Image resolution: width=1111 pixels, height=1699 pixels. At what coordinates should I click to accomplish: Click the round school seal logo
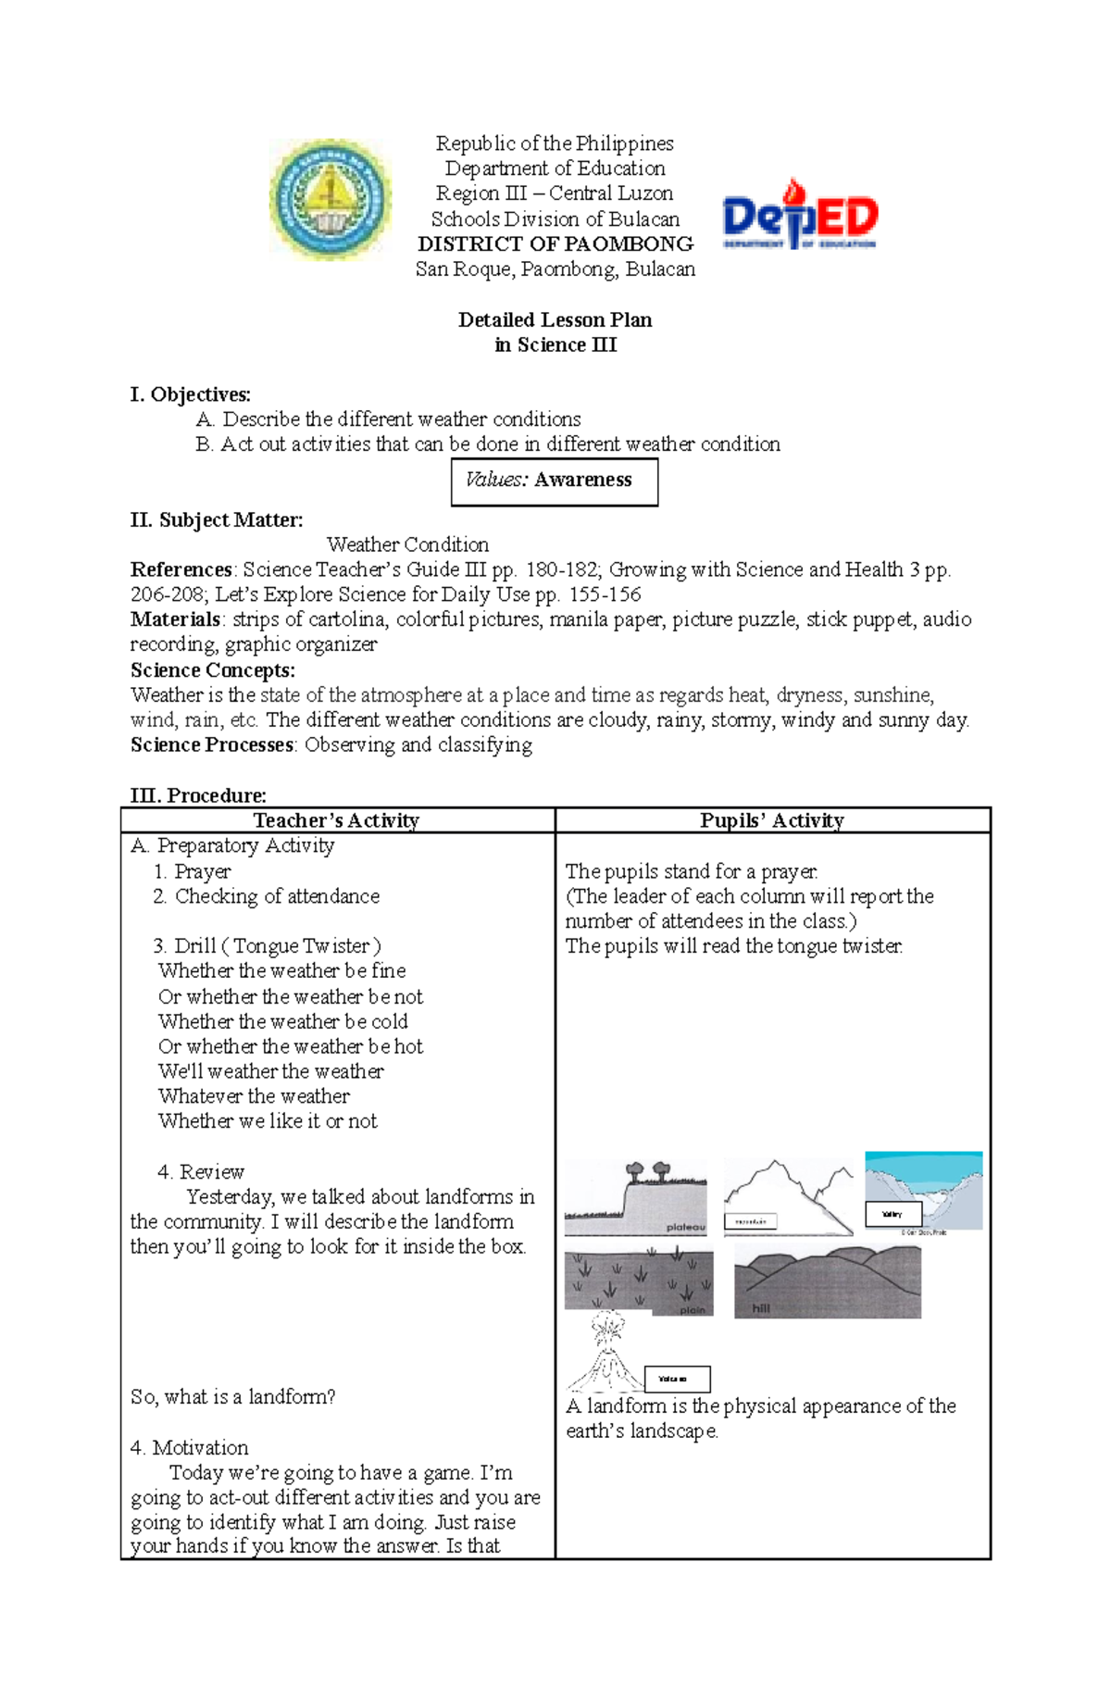click(x=331, y=198)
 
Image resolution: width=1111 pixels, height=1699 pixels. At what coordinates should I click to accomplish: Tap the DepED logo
click(x=799, y=216)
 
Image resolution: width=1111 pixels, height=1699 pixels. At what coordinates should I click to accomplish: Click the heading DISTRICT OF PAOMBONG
click(x=555, y=244)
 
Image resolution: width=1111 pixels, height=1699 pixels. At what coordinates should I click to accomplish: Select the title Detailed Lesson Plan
click(x=555, y=320)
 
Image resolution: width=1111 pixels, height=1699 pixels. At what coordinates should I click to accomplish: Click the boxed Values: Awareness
click(x=554, y=481)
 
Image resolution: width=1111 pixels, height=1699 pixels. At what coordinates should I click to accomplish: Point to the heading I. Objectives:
click(x=190, y=394)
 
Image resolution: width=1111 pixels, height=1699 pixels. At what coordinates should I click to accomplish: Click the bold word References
click(x=181, y=569)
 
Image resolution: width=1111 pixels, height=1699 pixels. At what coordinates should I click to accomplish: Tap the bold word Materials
click(x=175, y=619)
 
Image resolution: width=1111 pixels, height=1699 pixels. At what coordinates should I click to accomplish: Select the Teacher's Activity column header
click(x=336, y=820)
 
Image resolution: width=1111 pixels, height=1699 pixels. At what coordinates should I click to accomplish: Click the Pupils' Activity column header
click(x=771, y=820)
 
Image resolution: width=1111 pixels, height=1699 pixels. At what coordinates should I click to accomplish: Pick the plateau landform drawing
click(x=635, y=1198)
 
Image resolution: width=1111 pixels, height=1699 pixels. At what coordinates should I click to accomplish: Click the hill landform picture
click(x=827, y=1281)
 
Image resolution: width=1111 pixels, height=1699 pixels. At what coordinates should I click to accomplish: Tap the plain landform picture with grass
click(x=639, y=1281)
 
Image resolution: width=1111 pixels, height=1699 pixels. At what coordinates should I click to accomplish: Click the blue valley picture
click(x=923, y=1192)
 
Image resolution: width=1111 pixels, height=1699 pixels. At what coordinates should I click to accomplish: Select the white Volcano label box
click(x=677, y=1379)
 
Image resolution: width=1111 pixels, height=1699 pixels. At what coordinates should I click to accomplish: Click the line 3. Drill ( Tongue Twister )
click(x=267, y=946)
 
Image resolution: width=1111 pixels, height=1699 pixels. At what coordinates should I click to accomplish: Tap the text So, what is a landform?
click(x=232, y=1397)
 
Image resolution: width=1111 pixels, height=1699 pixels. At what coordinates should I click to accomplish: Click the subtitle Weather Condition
click(x=407, y=544)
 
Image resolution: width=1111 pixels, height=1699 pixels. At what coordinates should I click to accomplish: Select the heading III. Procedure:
click(x=198, y=795)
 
